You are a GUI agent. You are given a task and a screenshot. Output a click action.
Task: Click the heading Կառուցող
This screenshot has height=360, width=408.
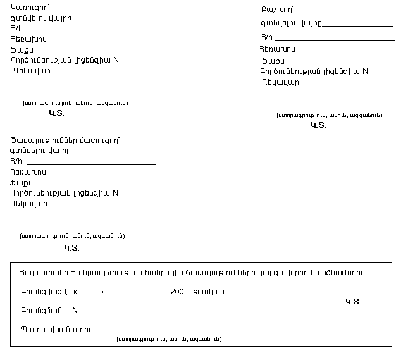(x=30, y=7)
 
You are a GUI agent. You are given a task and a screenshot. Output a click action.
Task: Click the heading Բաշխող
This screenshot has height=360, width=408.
(x=276, y=10)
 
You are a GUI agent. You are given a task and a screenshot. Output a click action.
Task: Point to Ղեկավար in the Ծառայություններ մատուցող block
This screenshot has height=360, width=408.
(x=29, y=204)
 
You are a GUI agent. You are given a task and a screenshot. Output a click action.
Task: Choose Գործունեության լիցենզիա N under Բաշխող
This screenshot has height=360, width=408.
(x=314, y=71)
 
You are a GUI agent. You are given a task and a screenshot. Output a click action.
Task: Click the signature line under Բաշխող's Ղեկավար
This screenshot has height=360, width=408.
(x=326, y=108)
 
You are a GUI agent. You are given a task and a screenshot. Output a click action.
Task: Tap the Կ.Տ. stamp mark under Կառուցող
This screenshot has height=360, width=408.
(x=56, y=114)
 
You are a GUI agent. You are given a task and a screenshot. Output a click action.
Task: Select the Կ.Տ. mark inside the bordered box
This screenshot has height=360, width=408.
(x=353, y=302)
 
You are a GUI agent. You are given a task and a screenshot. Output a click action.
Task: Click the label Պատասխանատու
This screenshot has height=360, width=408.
(x=56, y=329)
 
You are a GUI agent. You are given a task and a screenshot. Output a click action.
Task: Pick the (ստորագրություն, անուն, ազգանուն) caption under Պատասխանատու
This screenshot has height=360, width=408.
(x=170, y=339)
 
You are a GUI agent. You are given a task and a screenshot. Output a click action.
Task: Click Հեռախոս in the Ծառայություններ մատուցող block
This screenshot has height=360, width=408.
(x=28, y=172)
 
